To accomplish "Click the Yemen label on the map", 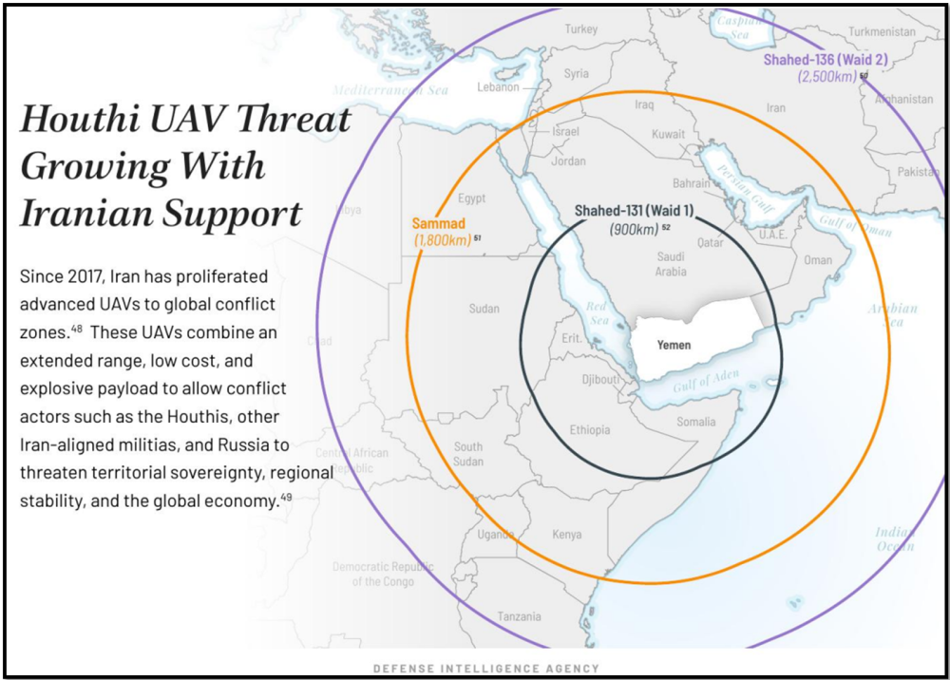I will (674, 345).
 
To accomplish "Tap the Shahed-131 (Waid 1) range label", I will (635, 211).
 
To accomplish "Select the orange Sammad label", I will (438, 223).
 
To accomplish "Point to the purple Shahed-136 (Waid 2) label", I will (826, 60).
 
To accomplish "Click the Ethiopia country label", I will (590, 430).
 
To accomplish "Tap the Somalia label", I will (697, 422).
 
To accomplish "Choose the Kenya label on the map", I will (567, 535).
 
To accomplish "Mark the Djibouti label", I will (599, 380).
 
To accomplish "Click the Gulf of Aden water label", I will (706, 382).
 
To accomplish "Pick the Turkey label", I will (580, 29).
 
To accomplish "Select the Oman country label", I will (818, 260).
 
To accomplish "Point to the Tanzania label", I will (519, 616).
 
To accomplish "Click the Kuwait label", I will (668, 135).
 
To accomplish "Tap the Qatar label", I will (710, 242).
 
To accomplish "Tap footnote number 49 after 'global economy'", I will (285, 497).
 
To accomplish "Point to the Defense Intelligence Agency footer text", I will (485, 669).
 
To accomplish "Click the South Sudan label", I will (467, 454).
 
